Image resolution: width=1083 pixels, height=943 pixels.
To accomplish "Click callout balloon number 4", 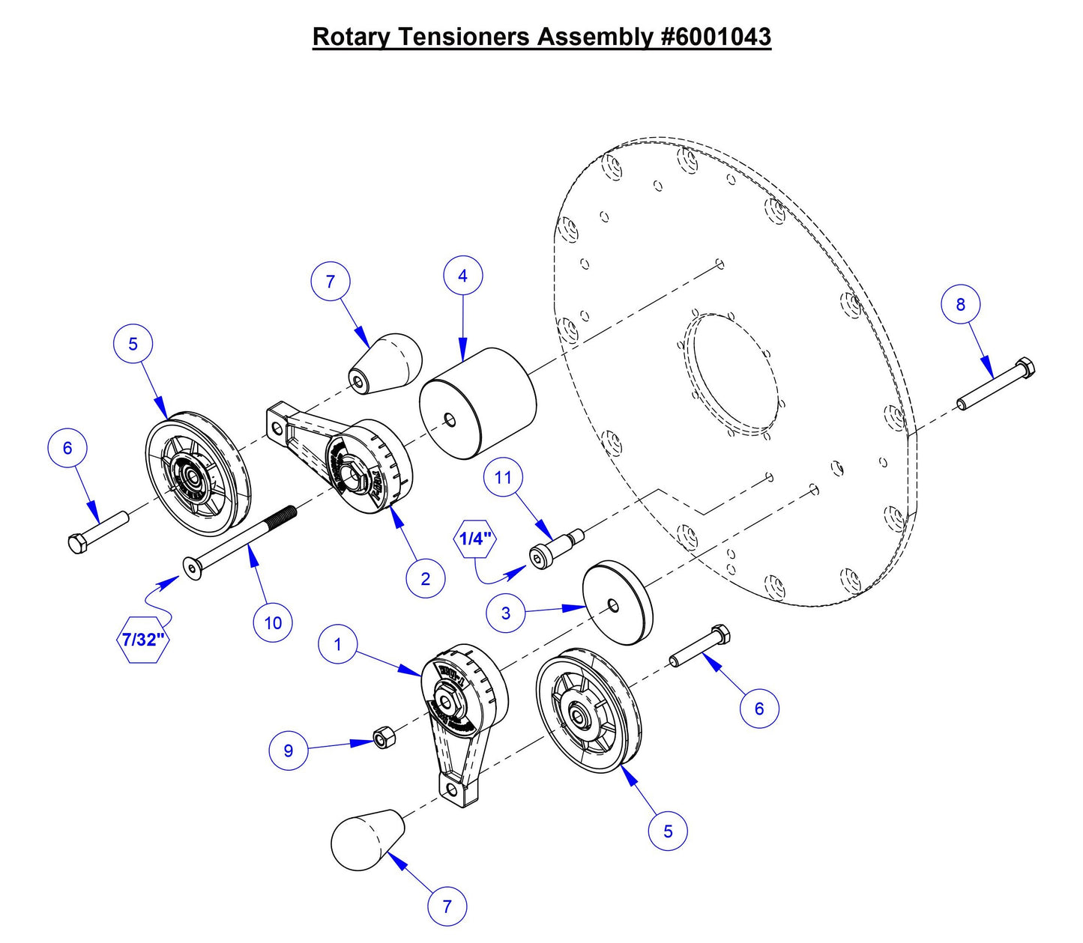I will point(462,276).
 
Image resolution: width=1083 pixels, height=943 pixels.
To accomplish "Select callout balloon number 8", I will point(961,304).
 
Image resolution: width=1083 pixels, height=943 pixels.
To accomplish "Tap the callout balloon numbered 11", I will point(503,477).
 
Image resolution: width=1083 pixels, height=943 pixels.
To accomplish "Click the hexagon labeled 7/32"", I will point(142,640).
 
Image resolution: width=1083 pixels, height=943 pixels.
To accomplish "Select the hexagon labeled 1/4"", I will point(475,538).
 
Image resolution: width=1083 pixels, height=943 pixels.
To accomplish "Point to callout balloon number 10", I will point(273,622).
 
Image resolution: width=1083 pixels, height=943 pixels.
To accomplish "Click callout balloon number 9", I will point(289,751).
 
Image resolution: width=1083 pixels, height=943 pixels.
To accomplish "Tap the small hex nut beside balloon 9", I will point(384,739).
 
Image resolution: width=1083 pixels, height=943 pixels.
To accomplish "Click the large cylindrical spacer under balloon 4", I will point(477,404).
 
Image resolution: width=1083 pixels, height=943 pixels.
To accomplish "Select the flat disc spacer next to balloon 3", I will point(618,603).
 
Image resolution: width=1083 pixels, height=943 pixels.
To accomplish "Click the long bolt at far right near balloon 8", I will point(995,386).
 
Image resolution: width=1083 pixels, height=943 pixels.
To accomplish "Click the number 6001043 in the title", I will point(717,37).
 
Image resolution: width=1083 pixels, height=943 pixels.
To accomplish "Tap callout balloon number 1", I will point(338,644).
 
